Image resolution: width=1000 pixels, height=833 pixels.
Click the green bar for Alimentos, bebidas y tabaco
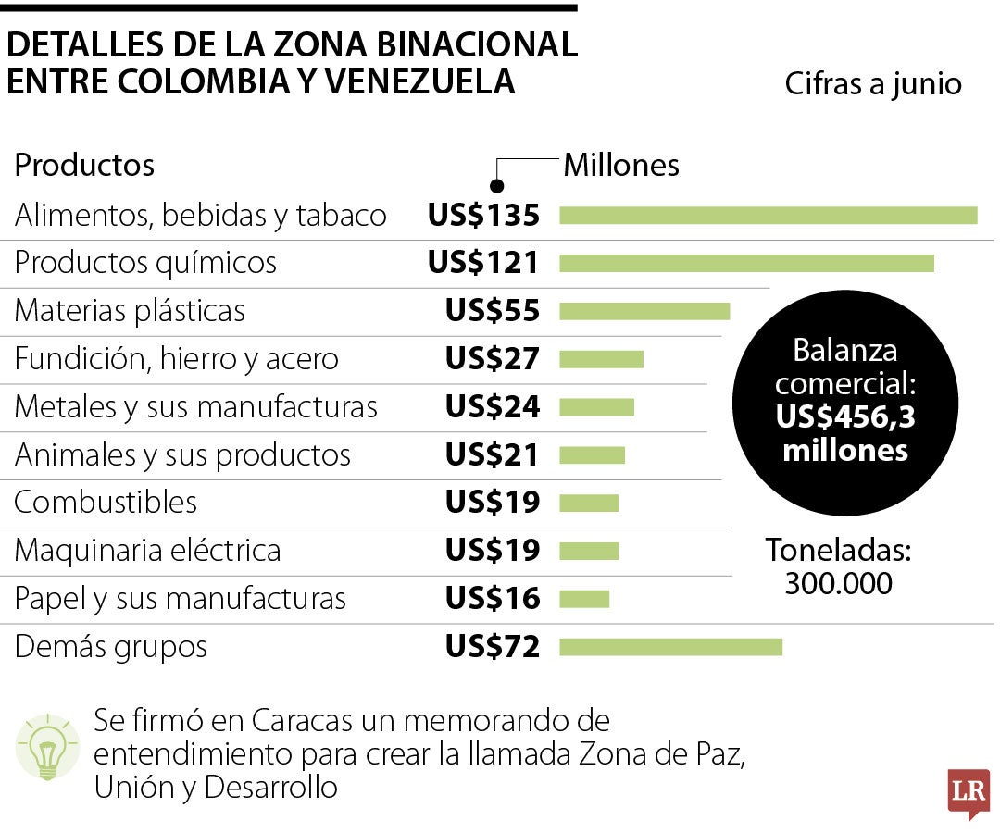pyautogui.click(x=768, y=216)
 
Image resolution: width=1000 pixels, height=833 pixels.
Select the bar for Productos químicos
pyautogui.click(x=746, y=263)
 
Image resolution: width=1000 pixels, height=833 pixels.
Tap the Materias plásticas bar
pyautogui.click(x=644, y=310)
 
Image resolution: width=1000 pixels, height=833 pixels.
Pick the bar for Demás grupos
pyautogui.click(x=670, y=646)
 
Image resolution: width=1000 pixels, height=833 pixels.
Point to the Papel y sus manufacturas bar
pyautogui.click(x=584, y=599)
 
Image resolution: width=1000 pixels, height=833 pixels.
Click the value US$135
pyautogui.click(x=482, y=216)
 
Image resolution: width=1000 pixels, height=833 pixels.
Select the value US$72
pyautogui.click(x=492, y=646)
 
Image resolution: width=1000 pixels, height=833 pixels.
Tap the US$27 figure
pyautogui.click(x=492, y=358)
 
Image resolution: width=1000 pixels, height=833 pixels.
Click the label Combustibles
pyautogui.click(x=106, y=503)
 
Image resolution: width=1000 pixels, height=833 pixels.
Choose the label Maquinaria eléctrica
pyautogui.click(x=147, y=551)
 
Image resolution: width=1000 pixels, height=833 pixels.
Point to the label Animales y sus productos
pyautogui.click(x=182, y=454)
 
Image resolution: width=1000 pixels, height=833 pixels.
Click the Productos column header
pyautogui.click(x=84, y=166)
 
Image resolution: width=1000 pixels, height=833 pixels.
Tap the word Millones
pyautogui.click(x=621, y=166)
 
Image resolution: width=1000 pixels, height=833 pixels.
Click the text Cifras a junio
pyautogui.click(x=873, y=84)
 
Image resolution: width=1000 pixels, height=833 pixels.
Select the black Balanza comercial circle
pyautogui.click(x=844, y=402)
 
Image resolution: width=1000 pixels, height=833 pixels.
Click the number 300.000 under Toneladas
pyautogui.click(x=838, y=584)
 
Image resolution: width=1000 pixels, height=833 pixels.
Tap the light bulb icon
pyautogui.click(x=44, y=747)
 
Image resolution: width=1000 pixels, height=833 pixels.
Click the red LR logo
pyautogui.click(x=968, y=792)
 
